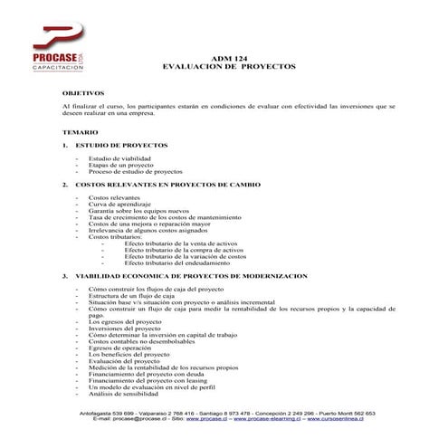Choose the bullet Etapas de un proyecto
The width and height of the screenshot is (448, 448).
point(121,165)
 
